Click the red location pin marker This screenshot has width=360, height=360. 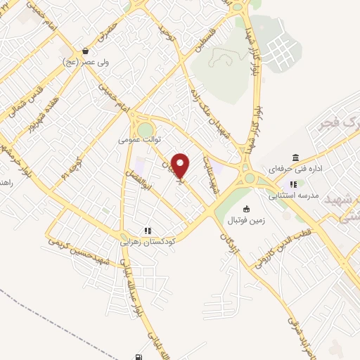coord(181,165)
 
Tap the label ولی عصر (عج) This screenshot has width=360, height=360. coord(86,62)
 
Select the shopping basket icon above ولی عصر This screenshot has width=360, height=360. coord(86,51)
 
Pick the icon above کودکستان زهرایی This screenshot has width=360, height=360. coord(148,229)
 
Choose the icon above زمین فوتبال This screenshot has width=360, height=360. coord(246,209)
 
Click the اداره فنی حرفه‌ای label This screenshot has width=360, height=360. coord(295,169)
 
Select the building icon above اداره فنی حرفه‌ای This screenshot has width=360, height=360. coord(295,157)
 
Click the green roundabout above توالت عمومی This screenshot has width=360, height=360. coord(145,130)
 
